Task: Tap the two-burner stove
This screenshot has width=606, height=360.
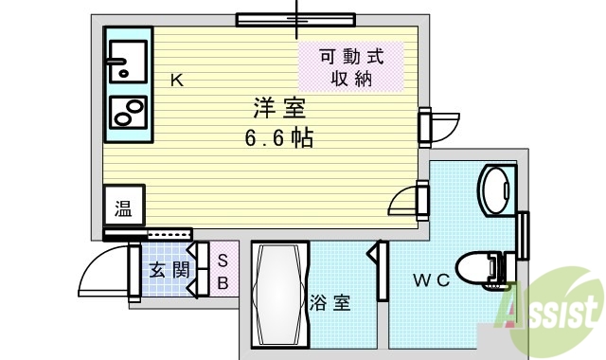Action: point(127,112)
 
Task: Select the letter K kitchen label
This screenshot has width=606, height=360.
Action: point(176,81)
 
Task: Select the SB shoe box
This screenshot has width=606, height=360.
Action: point(223,271)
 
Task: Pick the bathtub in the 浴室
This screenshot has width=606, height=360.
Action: point(280,296)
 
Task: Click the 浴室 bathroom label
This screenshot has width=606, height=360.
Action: point(331,303)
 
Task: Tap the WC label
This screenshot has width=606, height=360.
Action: point(429,280)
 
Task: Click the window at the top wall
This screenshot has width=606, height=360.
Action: point(295,19)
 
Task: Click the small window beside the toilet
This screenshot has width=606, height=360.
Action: point(523,234)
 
